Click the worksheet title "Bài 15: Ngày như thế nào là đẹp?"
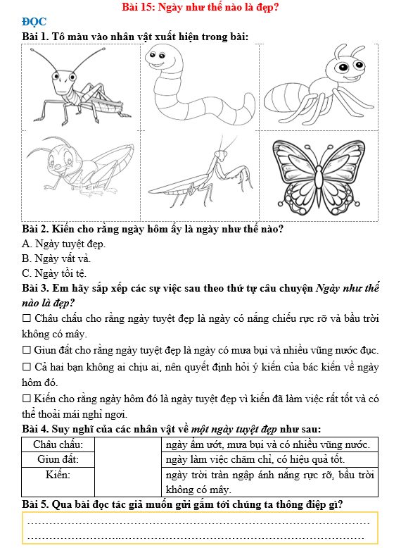200,7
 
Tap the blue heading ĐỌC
34,22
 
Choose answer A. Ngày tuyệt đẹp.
63,244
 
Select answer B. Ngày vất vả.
56,259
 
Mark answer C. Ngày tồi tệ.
54,273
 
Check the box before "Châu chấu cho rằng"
27,318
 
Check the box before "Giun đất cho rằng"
27,349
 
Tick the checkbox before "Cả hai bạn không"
27,366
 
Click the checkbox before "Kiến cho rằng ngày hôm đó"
27,398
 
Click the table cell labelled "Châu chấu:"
58,444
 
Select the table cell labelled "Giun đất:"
58,459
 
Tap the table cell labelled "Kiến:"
58,482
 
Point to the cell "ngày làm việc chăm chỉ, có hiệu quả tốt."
269,459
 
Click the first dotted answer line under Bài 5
198,523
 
